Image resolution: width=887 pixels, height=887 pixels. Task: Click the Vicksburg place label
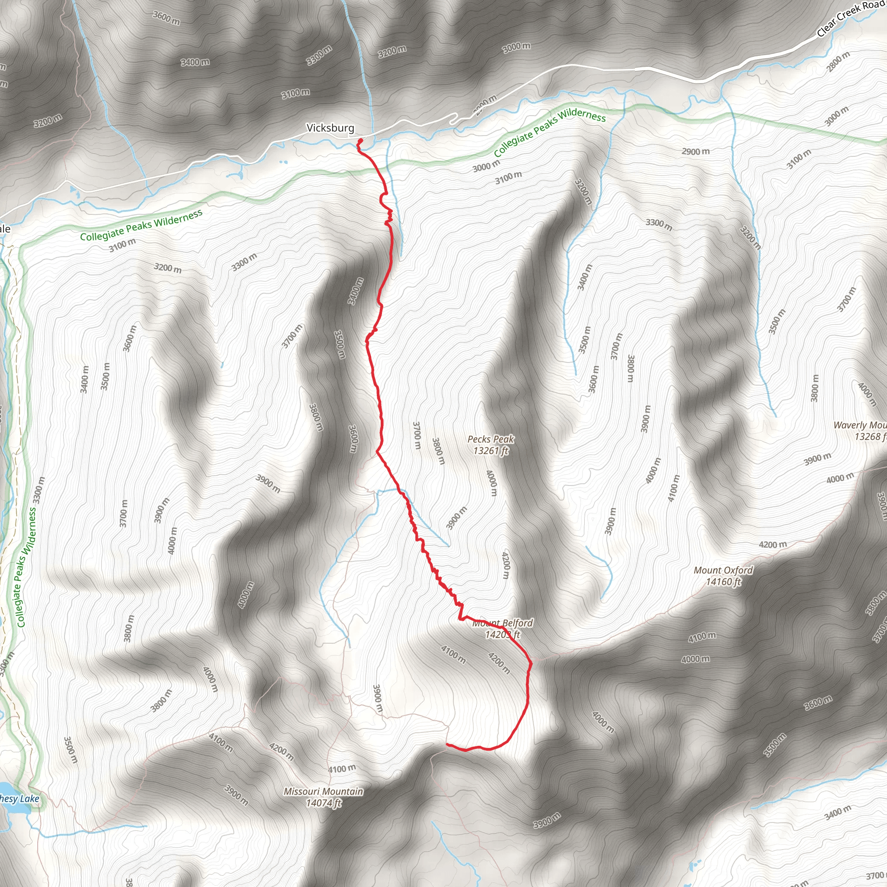tap(330, 128)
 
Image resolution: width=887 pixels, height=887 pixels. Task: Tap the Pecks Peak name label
tap(491, 439)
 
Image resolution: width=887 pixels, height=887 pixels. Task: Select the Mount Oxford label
tap(723, 570)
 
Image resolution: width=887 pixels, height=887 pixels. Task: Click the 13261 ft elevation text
tap(491, 451)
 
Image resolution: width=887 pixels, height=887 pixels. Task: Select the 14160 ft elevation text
tap(723, 582)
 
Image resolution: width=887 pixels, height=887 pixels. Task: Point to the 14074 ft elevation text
tap(323, 803)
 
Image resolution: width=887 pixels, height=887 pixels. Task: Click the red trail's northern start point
tap(360, 140)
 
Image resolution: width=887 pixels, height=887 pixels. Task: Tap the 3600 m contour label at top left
tap(166, 18)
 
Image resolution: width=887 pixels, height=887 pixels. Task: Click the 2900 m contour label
tap(696, 152)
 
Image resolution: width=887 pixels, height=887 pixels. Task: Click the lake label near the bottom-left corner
tap(19, 799)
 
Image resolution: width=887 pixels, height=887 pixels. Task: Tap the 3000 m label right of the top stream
tap(517, 46)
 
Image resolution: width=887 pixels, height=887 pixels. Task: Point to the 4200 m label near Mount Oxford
tap(773, 544)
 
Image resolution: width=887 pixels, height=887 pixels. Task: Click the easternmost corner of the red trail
tap(531, 663)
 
